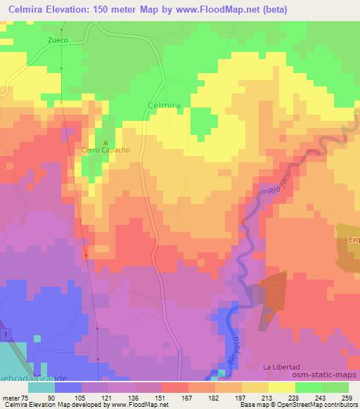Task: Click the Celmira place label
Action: click(x=166, y=104)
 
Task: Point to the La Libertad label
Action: click(x=281, y=368)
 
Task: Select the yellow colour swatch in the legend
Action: click(x=282, y=387)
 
